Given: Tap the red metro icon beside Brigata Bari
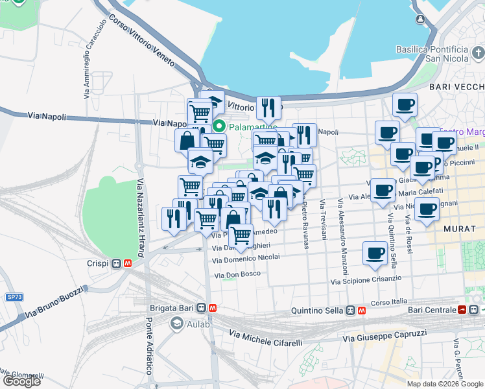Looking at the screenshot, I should click(213, 308).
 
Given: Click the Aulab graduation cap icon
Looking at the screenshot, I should click(176, 324).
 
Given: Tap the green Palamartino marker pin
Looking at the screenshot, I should click(219, 126).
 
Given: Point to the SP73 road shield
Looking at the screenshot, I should click(14, 297).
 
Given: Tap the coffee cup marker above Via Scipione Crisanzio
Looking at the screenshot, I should click(374, 254).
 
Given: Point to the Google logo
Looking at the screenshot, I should click(21, 381).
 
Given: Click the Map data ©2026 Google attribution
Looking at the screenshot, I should click(445, 384).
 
